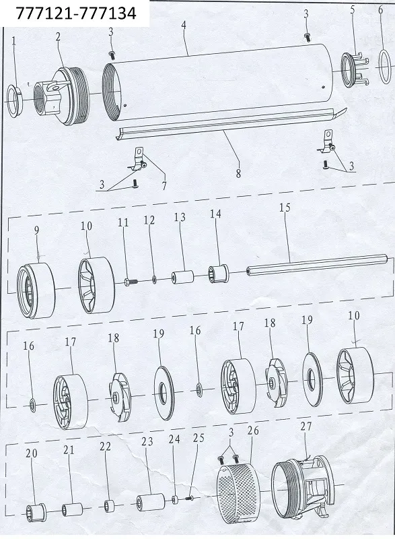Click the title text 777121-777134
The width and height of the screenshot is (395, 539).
(76, 13)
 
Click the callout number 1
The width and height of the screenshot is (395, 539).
(13, 41)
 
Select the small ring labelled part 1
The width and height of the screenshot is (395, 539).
(15, 100)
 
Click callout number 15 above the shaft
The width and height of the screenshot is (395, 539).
(285, 208)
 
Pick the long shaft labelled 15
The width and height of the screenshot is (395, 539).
(317, 264)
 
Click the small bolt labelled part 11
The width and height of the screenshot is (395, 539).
(131, 282)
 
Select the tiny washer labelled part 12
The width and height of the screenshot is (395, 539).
(154, 280)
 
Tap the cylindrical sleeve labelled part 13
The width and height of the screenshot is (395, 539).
(182, 277)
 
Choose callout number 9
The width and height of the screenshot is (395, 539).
(37, 230)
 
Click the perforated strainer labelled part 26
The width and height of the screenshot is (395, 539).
(240, 487)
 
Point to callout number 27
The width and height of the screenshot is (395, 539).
(306, 426)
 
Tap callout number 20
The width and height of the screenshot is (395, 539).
(31, 453)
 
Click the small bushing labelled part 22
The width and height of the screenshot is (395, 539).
(109, 506)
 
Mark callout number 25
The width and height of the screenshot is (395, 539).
(199, 438)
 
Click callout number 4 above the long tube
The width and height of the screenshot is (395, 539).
(184, 25)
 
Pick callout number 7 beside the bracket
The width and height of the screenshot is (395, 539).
(164, 186)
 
